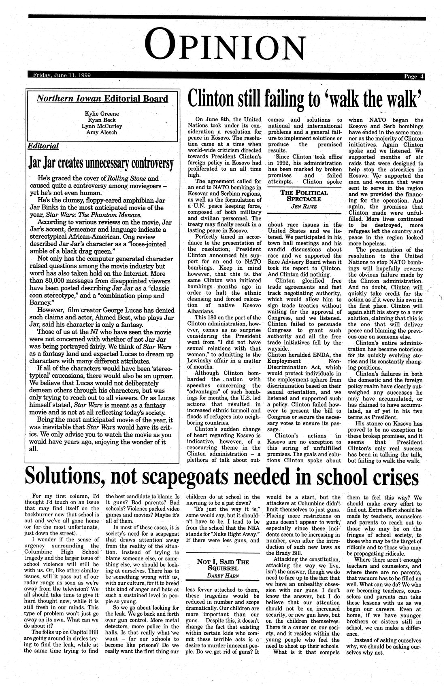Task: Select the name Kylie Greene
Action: (102, 113)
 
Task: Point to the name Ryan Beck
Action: (102, 120)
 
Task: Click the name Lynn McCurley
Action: (102, 126)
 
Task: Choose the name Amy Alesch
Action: (102, 132)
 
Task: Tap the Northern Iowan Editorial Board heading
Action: (102, 99)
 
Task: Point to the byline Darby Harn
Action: (223, 575)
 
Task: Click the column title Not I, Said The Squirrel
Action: (223, 564)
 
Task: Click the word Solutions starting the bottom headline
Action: (64, 477)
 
